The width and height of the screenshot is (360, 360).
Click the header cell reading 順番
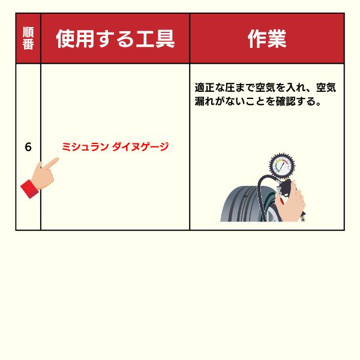(x=28, y=38)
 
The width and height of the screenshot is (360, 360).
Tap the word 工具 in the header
(x=155, y=38)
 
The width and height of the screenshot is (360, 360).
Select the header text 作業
(x=267, y=38)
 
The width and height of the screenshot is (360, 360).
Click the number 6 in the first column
(x=28, y=147)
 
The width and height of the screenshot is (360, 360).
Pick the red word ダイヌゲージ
(x=140, y=147)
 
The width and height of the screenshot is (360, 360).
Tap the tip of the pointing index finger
(x=57, y=158)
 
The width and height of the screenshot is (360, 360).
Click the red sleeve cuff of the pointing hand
(x=29, y=189)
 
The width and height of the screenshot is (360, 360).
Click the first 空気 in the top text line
(x=265, y=87)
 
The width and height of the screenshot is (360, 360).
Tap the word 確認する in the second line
(x=295, y=101)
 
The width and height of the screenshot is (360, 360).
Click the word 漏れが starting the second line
(x=209, y=101)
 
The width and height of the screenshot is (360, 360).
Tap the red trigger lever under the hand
(x=281, y=201)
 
